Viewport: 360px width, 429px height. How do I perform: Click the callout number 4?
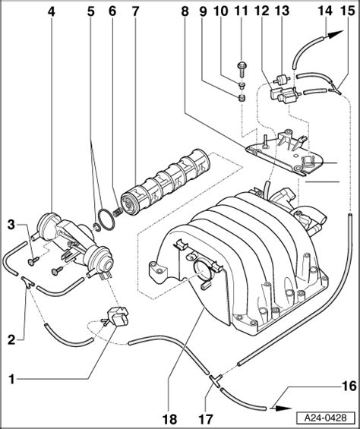(x=52, y=11)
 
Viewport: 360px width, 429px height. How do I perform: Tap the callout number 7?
(x=135, y=11)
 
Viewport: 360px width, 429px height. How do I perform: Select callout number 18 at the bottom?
(x=169, y=419)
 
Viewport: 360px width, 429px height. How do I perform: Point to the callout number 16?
(x=349, y=386)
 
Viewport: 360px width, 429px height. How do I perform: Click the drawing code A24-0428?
(x=326, y=418)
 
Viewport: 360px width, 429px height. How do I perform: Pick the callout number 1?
(x=11, y=380)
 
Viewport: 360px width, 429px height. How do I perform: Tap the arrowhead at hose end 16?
(x=283, y=408)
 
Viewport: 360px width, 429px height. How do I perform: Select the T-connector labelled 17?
(x=216, y=380)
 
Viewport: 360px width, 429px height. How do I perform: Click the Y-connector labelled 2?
(x=27, y=282)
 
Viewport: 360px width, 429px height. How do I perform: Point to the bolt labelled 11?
(x=242, y=68)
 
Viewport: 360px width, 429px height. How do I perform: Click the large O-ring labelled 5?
(x=106, y=219)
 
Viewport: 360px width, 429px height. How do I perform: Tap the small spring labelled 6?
(x=117, y=212)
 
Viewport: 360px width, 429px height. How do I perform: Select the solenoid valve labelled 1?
(x=116, y=316)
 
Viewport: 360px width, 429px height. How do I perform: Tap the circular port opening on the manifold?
(x=202, y=270)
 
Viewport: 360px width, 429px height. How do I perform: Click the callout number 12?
(x=262, y=11)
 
